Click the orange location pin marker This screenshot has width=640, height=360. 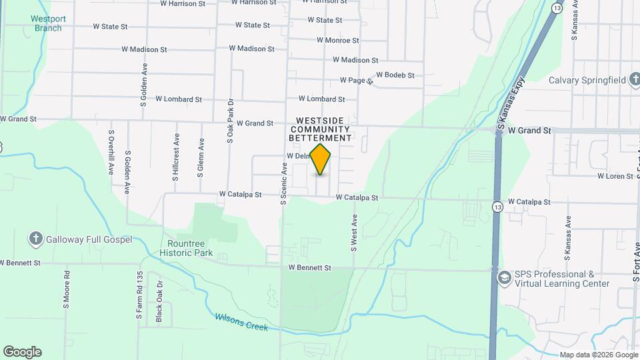[x=321, y=158]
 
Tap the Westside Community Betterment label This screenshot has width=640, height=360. [x=320, y=129]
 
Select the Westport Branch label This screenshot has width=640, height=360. [x=48, y=23]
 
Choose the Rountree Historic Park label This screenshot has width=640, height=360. [x=186, y=248]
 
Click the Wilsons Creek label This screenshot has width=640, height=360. [x=241, y=323]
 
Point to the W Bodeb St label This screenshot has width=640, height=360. [x=395, y=75]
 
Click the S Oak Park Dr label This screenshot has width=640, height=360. [x=230, y=121]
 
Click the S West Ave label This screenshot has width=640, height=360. [x=354, y=232]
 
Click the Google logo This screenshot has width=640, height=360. [x=22, y=352]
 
